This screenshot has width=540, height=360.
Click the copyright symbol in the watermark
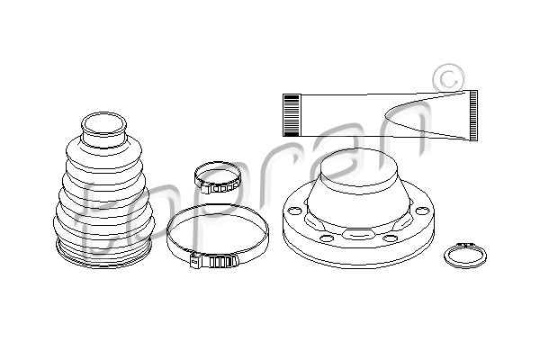[x=448, y=80]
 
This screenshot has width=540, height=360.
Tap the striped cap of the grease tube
[x=292, y=115]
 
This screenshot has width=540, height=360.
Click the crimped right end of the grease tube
[x=473, y=115]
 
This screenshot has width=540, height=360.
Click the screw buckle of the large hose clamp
[x=214, y=261]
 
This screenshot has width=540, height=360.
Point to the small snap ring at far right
[x=464, y=256]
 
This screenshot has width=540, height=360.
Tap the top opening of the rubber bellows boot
[x=103, y=125]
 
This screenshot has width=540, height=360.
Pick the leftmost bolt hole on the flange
[x=293, y=211]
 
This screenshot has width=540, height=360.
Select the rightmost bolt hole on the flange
[x=422, y=211]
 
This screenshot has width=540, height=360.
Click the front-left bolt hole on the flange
[x=326, y=238]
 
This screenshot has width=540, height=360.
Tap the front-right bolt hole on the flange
[x=390, y=238]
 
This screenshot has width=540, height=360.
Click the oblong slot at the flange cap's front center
[x=358, y=234]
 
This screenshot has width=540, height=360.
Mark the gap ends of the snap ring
[x=465, y=245]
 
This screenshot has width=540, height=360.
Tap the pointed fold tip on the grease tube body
[x=385, y=115]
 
